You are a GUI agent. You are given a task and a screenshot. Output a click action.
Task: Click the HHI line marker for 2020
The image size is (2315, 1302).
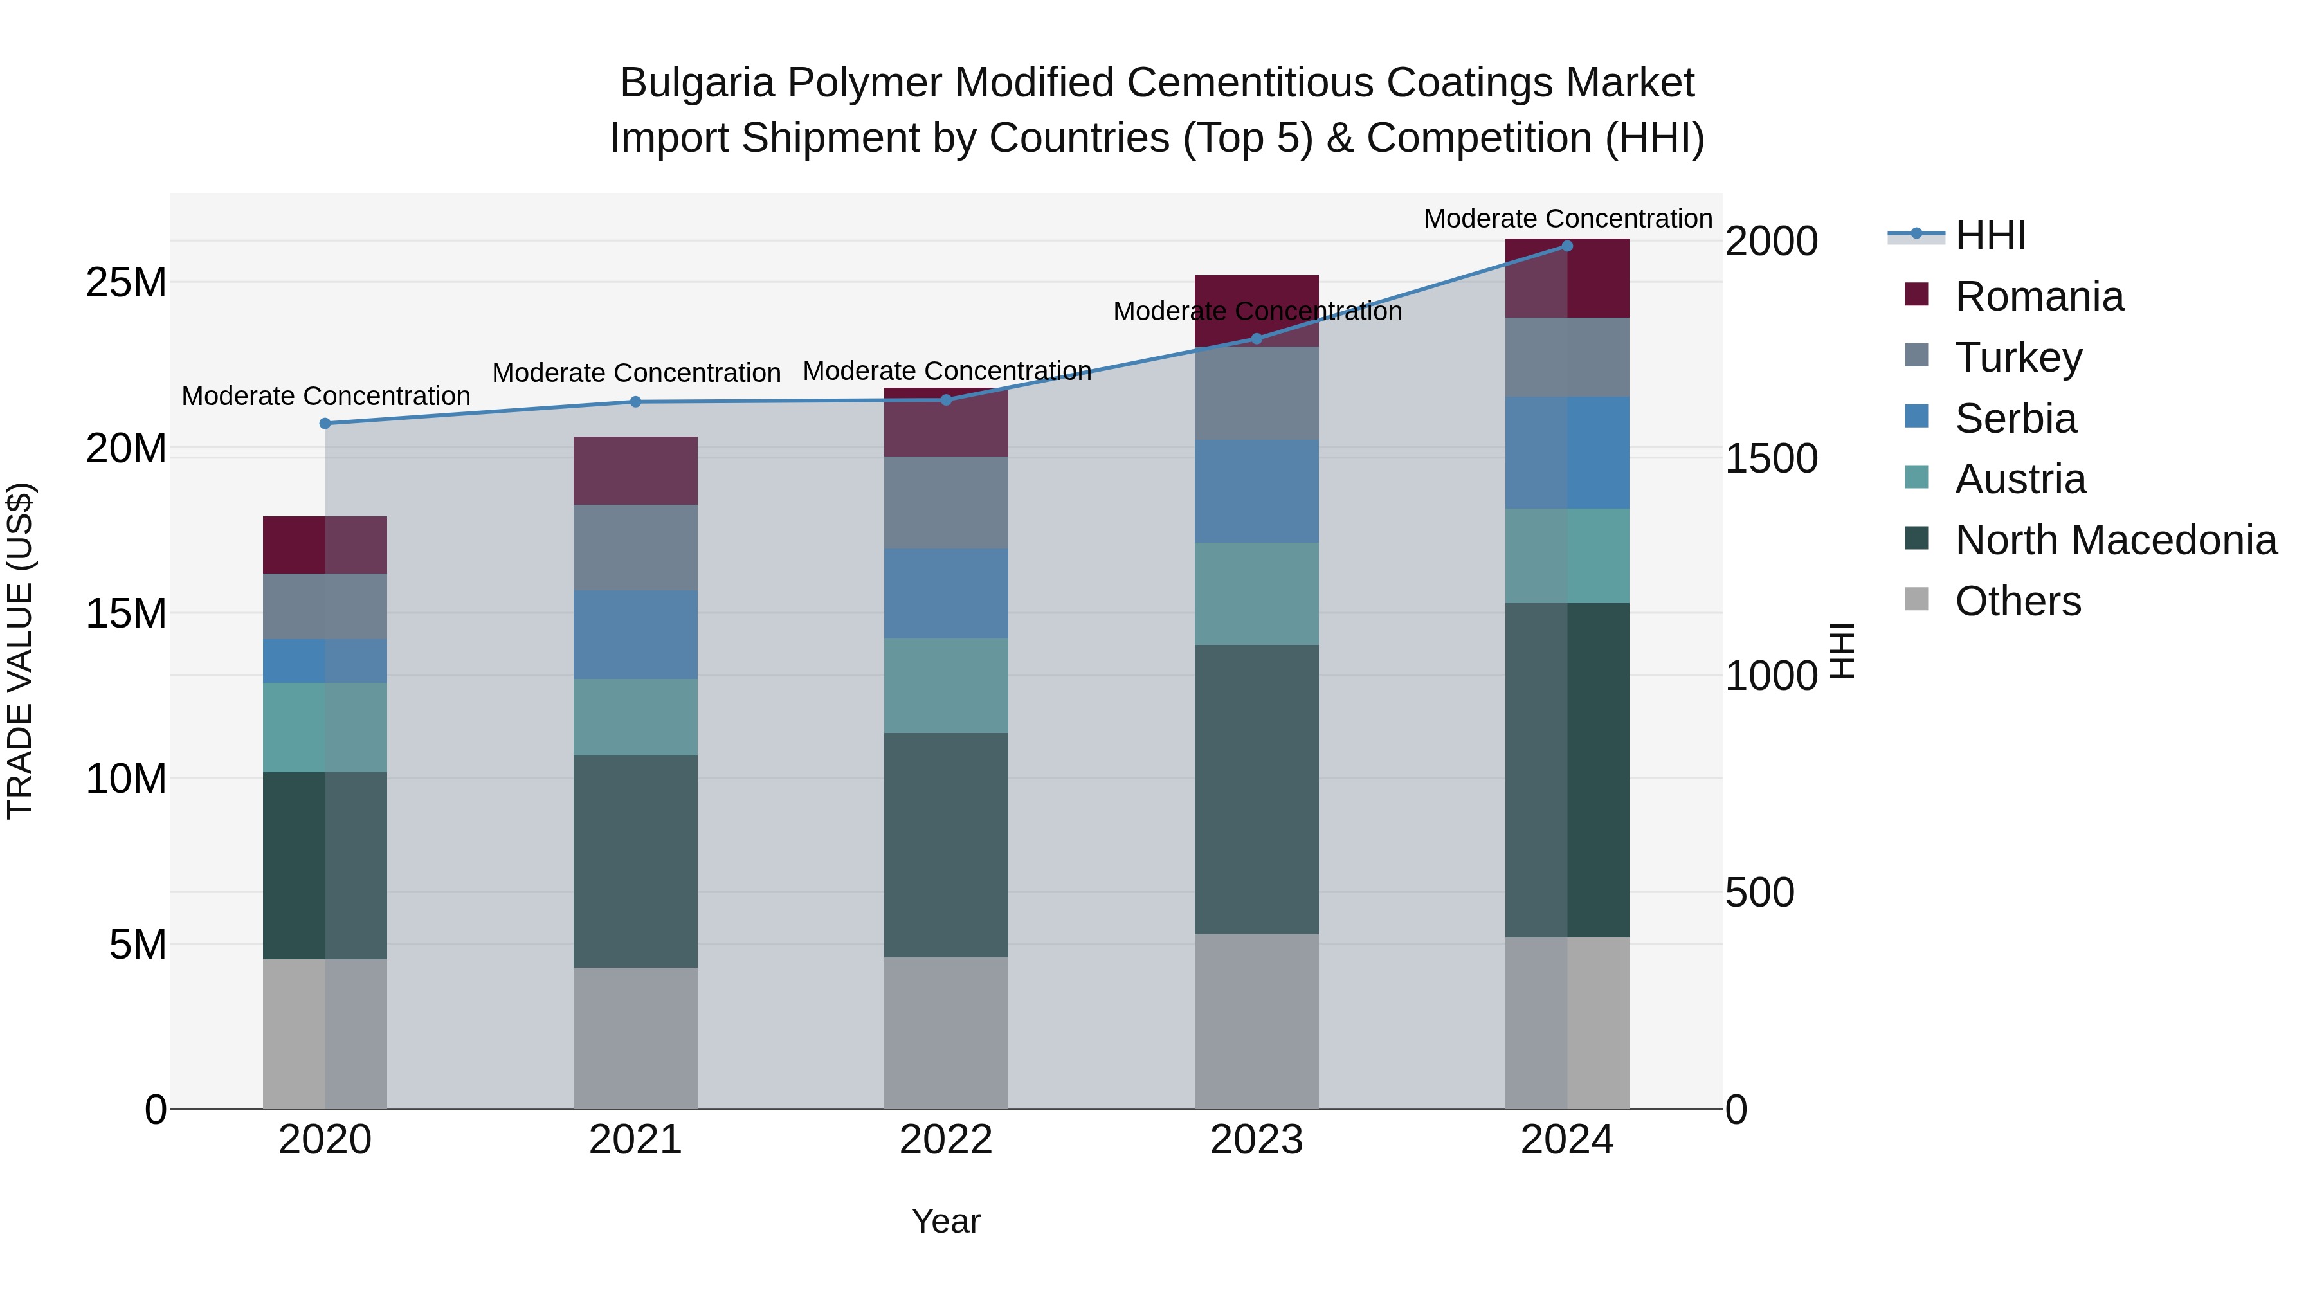point(325,423)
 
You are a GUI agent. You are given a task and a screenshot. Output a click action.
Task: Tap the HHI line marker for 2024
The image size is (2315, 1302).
point(1567,246)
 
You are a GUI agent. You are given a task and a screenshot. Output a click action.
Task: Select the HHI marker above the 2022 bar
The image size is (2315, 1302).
point(947,400)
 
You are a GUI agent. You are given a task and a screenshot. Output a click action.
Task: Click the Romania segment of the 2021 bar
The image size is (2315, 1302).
point(635,471)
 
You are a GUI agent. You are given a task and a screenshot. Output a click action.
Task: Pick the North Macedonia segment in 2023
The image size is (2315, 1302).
point(1257,789)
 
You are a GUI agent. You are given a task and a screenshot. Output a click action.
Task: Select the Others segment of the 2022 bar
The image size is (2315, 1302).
point(947,1033)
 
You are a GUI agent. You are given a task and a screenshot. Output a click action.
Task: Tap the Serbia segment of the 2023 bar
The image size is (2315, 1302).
point(1257,491)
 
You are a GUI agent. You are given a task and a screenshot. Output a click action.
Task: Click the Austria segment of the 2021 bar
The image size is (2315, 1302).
point(635,717)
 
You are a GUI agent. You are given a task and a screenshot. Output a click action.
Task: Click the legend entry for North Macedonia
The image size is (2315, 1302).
point(2116,540)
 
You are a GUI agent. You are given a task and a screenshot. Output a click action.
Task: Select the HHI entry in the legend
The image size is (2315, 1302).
point(1990,235)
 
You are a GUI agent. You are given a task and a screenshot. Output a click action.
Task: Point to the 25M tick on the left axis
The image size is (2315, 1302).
point(126,283)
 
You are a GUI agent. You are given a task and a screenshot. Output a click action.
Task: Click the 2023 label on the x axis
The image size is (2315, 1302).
point(1257,1140)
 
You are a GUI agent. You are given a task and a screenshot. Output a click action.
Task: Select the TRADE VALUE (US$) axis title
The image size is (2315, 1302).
point(20,651)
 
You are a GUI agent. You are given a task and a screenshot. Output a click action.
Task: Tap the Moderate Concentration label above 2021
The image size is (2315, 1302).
point(636,373)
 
